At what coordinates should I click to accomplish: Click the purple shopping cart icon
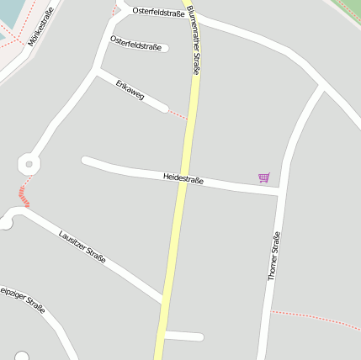click(264, 177)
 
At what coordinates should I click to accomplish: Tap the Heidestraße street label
click(183, 178)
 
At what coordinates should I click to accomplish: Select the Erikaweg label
click(130, 90)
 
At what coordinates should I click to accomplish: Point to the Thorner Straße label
click(273, 256)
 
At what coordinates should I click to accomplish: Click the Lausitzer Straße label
click(82, 246)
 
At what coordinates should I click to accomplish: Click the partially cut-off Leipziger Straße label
click(21, 299)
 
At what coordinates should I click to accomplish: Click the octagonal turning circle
click(29, 161)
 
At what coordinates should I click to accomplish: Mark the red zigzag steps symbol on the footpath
click(24, 199)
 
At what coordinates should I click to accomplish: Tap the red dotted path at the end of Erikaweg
click(177, 114)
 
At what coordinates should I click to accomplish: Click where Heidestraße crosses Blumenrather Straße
click(183, 179)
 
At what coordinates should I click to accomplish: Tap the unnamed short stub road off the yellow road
click(185, 336)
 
